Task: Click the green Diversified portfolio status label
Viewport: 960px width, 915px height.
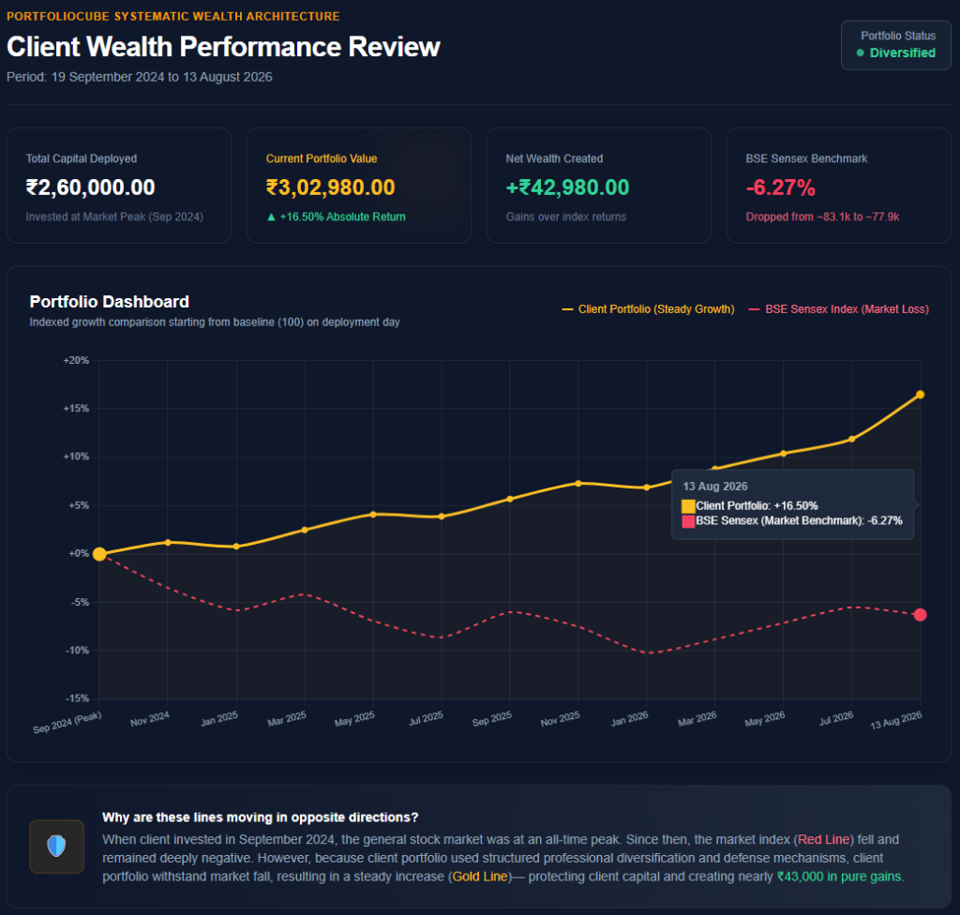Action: pyautogui.click(x=903, y=52)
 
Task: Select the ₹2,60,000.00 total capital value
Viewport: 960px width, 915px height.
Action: pyautogui.click(x=90, y=187)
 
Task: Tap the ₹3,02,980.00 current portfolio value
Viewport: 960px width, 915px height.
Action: pyautogui.click(x=331, y=187)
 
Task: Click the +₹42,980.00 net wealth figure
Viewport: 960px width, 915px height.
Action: pyautogui.click(x=567, y=187)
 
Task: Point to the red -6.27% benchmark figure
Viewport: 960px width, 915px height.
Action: pyautogui.click(x=781, y=187)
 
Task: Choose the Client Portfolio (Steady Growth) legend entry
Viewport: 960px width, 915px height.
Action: pyautogui.click(x=649, y=309)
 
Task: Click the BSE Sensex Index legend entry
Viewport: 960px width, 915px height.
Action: pyautogui.click(x=839, y=309)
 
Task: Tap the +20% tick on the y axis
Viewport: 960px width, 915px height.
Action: pyautogui.click(x=77, y=360)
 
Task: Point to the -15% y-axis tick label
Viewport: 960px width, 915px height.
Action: pyautogui.click(x=78, y=698)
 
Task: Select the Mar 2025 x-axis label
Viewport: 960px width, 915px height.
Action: pyautogui.click(x=287, y=718)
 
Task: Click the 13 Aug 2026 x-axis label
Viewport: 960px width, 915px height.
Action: pyautogui.click(x=895, y=720)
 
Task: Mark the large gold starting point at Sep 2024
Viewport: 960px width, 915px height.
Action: pyautogui.click(x=99, y=554)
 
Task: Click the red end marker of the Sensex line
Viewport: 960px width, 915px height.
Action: pyautogui.click(x=921, y=614)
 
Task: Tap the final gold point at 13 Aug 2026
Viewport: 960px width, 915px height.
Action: pyautogui.click(x=921, y=395)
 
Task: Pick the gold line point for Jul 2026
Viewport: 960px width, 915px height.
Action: pyautogui.click(x=851, y=439)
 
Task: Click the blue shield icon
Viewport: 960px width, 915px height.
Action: pyautogui.click(x=56, y=846)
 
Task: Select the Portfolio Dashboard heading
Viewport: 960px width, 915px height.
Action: pyautogui.click(x=110, y=301)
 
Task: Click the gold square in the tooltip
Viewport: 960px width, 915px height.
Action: pyautogui.click(x=688, y=506)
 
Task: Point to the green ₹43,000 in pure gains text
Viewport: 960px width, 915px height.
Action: pyautogui.click(x=840, y=877)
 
